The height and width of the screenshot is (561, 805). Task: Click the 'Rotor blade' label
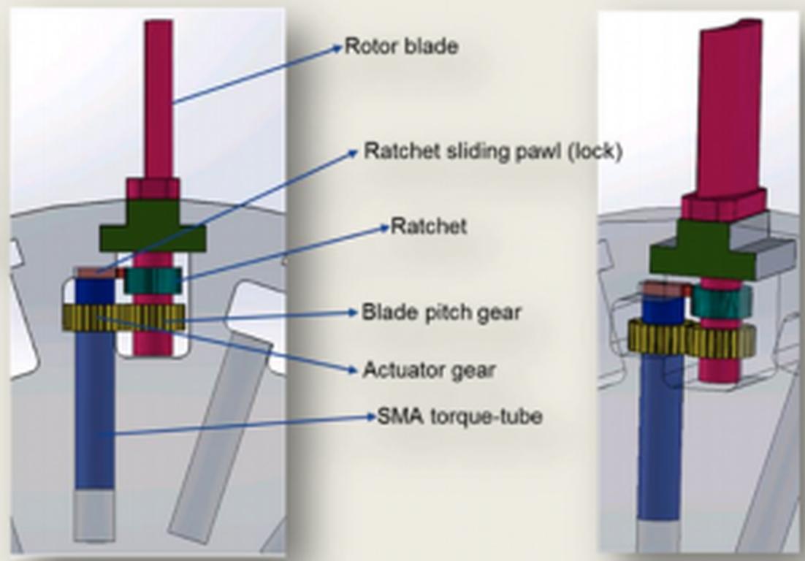401,47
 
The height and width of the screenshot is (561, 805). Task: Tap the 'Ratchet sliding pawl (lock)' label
492,152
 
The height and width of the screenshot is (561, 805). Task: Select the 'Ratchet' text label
428,226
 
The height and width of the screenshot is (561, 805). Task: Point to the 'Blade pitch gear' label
441,313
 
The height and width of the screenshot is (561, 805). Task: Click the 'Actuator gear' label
429,370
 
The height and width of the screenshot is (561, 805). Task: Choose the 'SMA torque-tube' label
459,417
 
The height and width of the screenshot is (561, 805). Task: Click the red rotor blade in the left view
159,95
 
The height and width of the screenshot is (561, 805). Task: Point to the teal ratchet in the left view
153,280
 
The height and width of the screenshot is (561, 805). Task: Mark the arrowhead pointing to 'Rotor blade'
337,47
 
